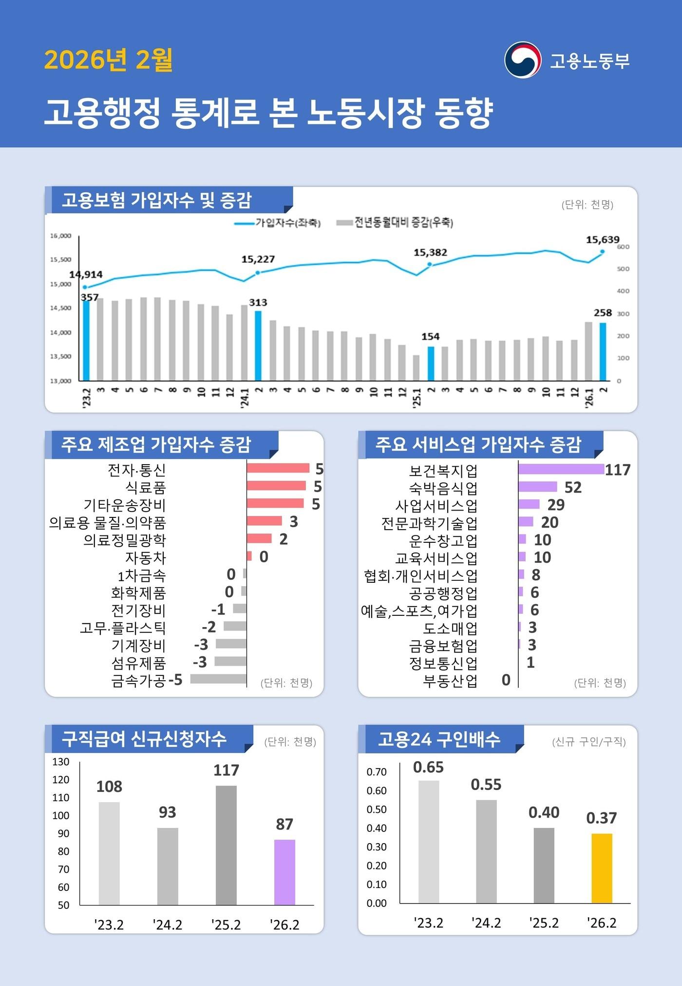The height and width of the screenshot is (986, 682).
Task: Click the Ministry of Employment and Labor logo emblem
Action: (522, 60)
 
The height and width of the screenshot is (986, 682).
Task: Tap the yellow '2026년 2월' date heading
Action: (108, 60)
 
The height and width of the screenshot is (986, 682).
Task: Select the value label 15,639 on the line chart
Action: (602, 239)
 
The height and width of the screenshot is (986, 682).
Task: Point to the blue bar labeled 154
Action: (431, 363)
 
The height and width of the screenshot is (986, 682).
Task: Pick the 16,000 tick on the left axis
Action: (61, 236)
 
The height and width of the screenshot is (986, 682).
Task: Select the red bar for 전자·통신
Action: (278, 468)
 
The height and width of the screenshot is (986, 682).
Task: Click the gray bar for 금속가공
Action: (218, 679)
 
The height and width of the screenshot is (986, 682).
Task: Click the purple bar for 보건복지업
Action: (561, 469)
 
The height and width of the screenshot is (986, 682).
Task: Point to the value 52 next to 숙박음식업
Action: (573, 487)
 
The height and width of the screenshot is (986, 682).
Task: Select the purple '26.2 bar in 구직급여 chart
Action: (284, 872)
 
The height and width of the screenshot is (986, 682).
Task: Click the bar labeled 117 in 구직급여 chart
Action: (226, 845)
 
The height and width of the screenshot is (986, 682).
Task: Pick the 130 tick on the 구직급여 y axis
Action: (61, 762)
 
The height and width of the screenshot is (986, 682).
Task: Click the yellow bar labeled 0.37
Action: (602, 868)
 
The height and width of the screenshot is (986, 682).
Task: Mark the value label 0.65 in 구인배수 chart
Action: (428, 767)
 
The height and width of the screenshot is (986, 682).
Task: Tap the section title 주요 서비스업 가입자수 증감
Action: (478, 444)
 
